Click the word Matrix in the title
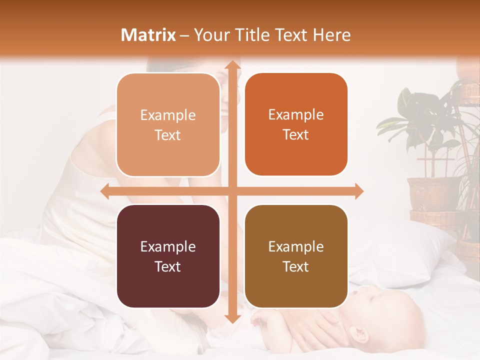tap(148, 35)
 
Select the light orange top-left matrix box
tap(168, 125)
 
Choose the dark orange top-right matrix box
tap(296, 125)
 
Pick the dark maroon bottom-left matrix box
tap(168, 256)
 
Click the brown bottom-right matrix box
tap(296, 256)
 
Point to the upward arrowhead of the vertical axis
tap(232, 65)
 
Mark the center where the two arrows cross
tap(232, 191)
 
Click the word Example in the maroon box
tap(168, 247)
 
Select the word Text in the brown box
tap(296, 267)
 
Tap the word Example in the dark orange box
tap(296, 115)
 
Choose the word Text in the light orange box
tap(168, 135)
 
